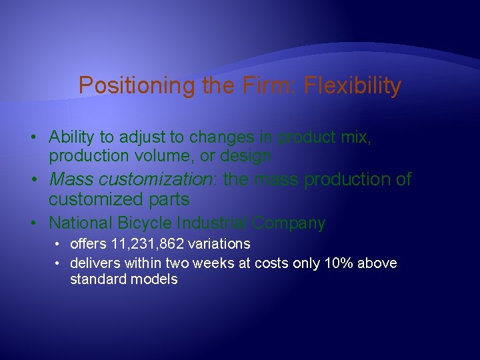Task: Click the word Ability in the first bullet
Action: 72,137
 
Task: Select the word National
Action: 80,223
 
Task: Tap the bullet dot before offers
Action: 59,245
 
